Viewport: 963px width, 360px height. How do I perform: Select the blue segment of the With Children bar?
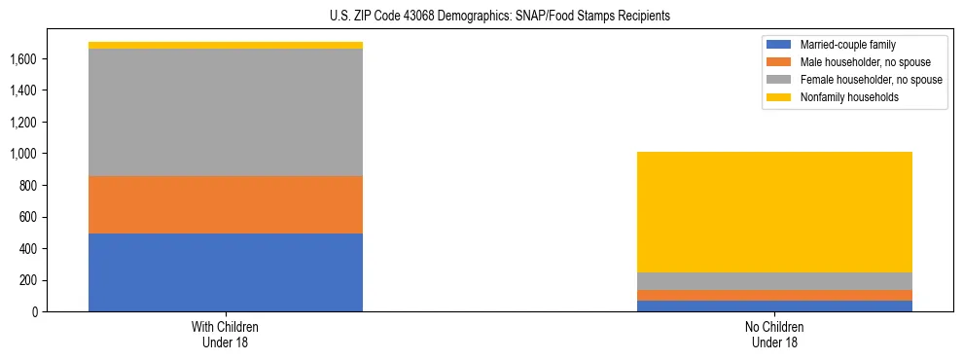point(226,272)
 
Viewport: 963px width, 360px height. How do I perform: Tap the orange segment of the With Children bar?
point(226,204)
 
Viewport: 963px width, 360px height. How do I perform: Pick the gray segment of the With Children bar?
point(226,112)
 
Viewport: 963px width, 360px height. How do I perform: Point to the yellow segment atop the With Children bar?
point(226,45)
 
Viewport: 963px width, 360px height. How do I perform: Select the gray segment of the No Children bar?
point(774,281)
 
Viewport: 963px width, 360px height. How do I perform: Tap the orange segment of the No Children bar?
point(774,295)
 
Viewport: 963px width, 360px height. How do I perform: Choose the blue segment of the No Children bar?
point(774,306)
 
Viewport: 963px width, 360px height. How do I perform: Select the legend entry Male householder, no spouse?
point(857,62)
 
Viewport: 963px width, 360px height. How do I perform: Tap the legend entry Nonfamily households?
point(841,97)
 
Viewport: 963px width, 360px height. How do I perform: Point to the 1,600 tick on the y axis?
point(23,58)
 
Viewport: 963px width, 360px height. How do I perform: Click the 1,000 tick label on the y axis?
point(23,154)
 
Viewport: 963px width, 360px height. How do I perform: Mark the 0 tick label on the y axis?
point(33,311)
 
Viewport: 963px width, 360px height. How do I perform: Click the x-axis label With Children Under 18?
point(226,335)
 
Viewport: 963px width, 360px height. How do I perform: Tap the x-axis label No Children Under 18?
point(774,335)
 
